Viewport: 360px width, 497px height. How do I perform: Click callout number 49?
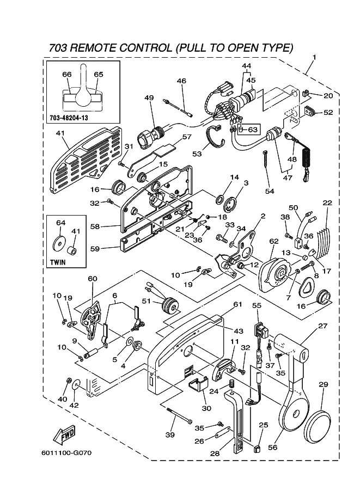(x=133, y=98)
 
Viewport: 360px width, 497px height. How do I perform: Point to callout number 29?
(x=323, y=385)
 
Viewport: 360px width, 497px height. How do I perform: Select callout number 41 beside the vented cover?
(x=60, y=133)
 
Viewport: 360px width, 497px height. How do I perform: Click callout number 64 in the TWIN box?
(x=61, y=223)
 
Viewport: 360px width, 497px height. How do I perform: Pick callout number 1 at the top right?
(x=314, y=58)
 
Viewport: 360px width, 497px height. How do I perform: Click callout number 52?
(x=328, y=113)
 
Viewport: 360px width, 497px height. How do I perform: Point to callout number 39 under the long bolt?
(x=170, y=435)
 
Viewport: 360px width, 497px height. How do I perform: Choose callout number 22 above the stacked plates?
(x=327, y=203)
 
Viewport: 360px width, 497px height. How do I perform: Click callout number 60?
(x=93, y=279)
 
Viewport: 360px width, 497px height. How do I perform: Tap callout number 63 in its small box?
(x=252, y=130)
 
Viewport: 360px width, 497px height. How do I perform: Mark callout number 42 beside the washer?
(x=74, y=405)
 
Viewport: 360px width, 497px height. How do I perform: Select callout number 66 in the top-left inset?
(x=67, y=75)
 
